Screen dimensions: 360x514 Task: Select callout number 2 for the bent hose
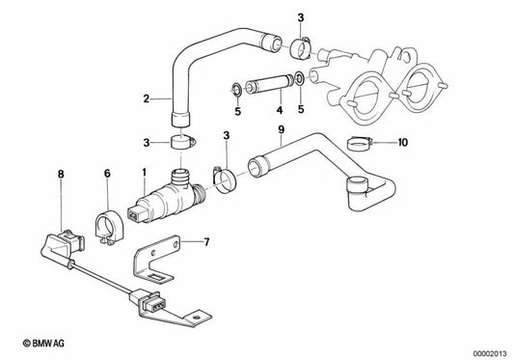pos(146,97)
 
